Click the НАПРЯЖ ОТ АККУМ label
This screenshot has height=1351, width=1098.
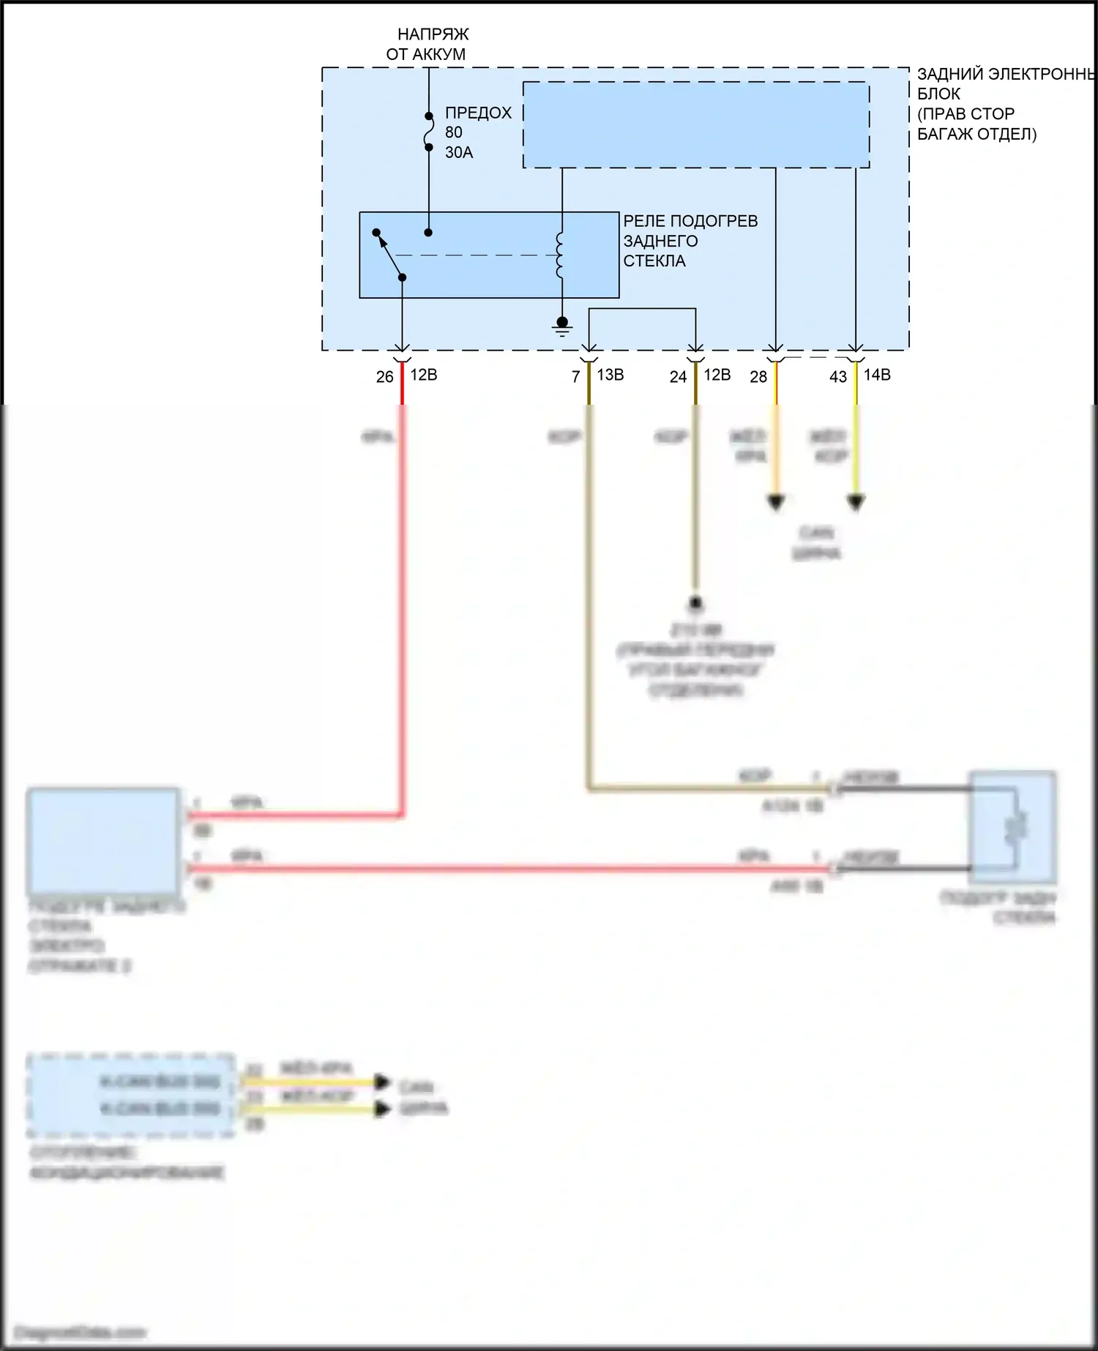click(427, 44)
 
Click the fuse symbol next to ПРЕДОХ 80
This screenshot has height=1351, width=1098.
click(429, 132)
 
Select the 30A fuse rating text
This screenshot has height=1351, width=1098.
click(459, 152)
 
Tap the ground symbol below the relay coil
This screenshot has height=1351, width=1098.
click(562, 326)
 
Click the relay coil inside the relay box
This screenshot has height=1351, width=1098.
click(561, 255)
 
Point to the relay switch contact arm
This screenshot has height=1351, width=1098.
click(389, 254)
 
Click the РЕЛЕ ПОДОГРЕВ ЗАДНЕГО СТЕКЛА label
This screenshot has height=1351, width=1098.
click(690, 241)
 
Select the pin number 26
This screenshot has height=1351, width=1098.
click(384, 377)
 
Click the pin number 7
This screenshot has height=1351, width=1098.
click(576, 377)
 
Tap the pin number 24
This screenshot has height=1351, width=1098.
click(678, 377)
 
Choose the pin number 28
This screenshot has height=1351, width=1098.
click(758, 377)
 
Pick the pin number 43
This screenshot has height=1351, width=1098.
click(838, 377)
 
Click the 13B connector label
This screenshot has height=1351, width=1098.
click(610, 375)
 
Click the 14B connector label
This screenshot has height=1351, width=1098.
click(877, 375)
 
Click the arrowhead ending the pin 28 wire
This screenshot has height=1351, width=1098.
click(776, 503)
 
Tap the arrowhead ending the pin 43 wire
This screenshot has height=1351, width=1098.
click(856, 503)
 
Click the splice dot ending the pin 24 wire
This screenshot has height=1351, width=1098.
click(695, 603)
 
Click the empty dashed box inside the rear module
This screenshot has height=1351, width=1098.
click(695, 124)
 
